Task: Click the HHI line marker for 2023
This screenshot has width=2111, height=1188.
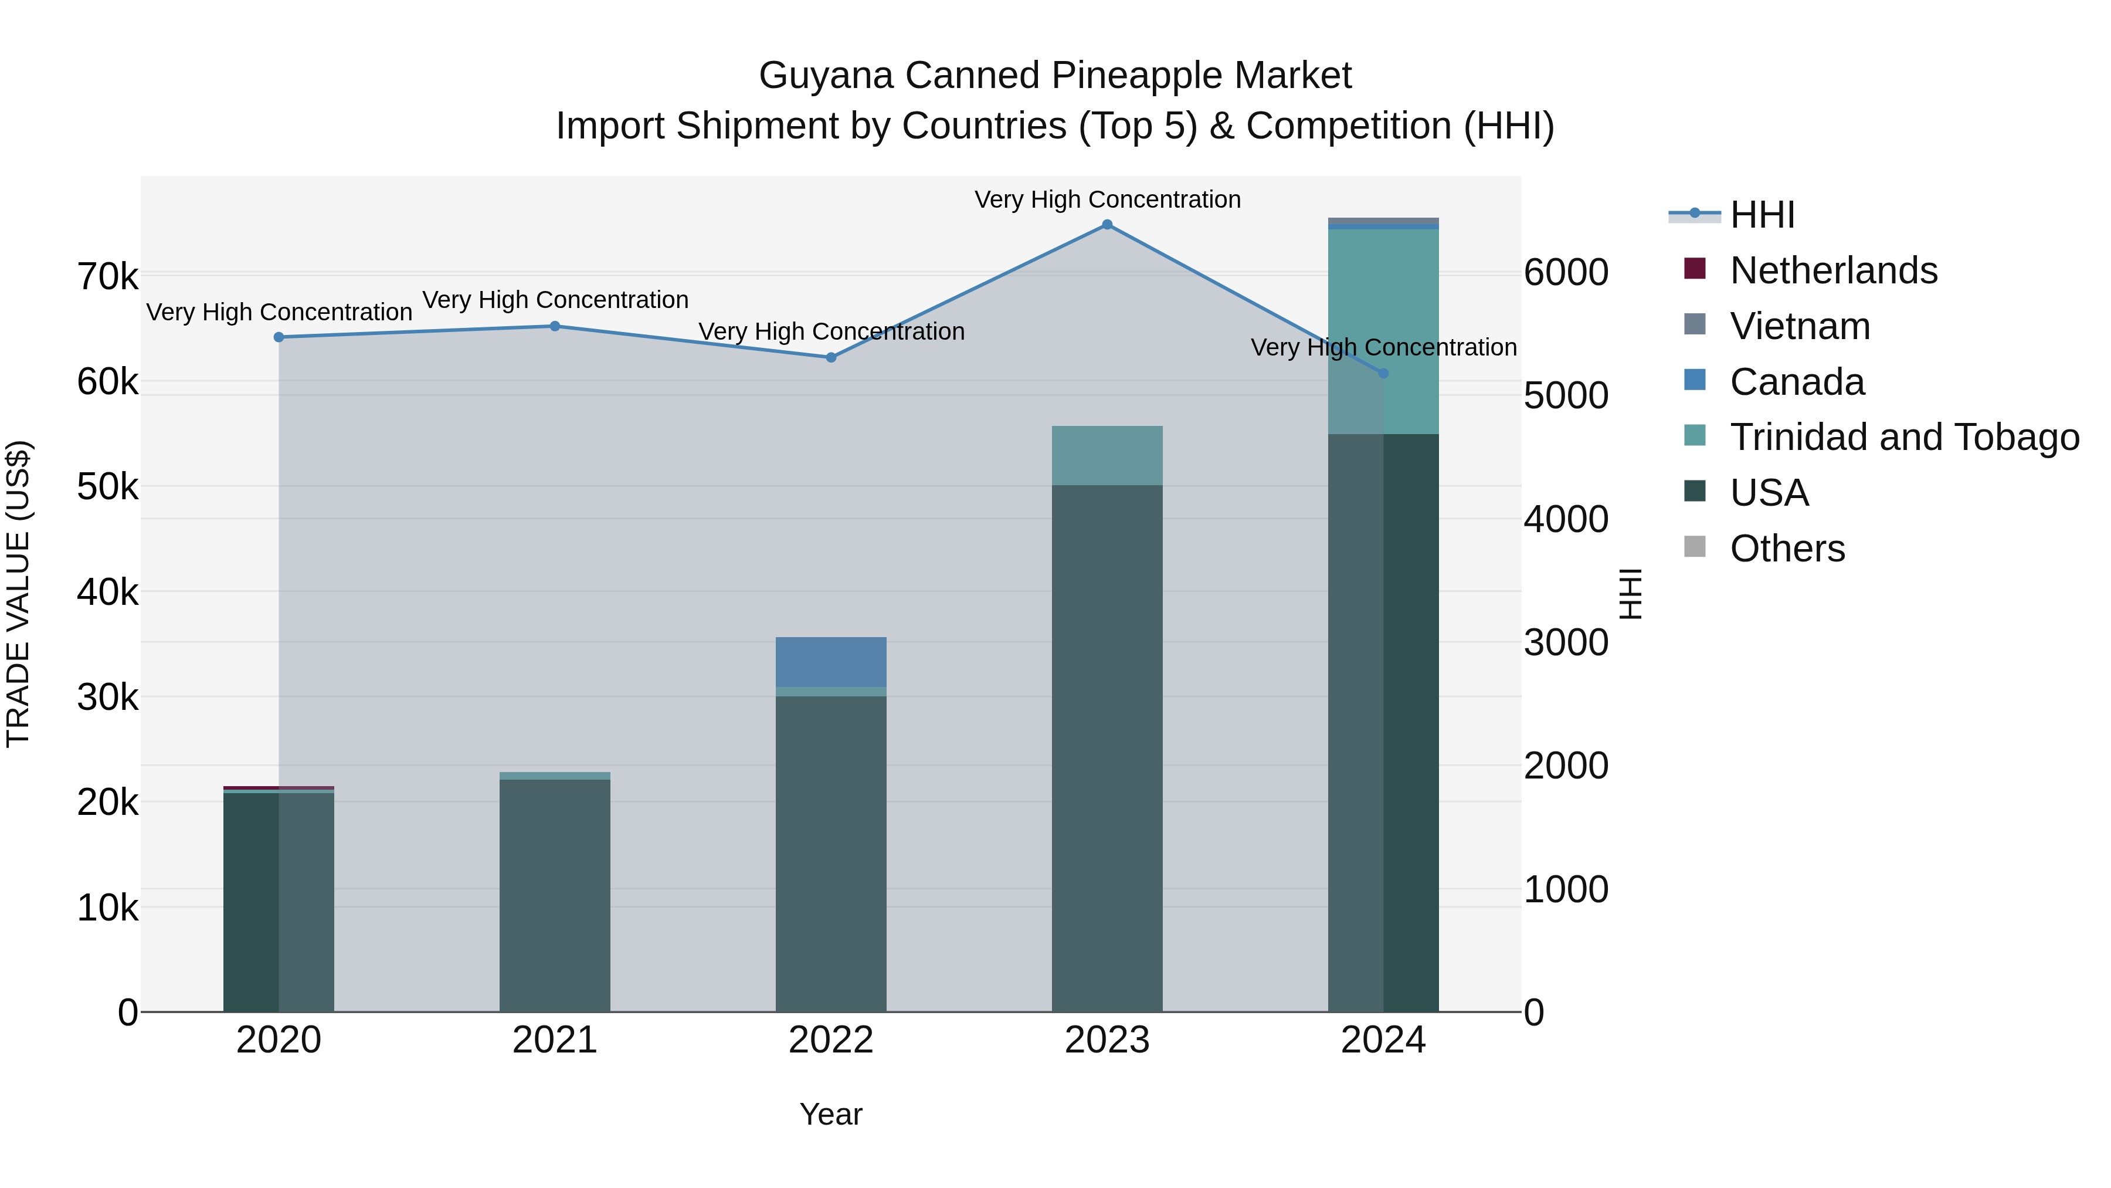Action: tap(1107, 225)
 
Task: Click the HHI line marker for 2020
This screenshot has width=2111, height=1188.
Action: tap(279, 337)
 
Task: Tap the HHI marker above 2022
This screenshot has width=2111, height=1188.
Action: tap(831, 357)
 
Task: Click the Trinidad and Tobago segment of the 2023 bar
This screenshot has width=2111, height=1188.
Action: tap(1107, 455)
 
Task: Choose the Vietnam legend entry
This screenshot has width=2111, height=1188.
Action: tap(1800, 326)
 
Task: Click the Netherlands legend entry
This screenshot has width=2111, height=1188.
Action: tap(1832, 270)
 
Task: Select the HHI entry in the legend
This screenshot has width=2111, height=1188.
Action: tap(1762, 215)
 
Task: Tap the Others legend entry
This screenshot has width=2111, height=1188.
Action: tap(1787, 549)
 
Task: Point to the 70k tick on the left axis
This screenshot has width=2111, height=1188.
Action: tap(107, 277)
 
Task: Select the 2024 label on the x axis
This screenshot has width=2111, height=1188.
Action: tap(1383, 1040)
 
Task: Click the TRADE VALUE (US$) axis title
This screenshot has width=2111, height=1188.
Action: tap(18, 594)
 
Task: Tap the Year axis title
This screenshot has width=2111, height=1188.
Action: tap(831, 1114)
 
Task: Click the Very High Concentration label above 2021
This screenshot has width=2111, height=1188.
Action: tap(555, 300)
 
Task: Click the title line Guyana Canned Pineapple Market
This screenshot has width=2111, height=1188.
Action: tap(1055, 76)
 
